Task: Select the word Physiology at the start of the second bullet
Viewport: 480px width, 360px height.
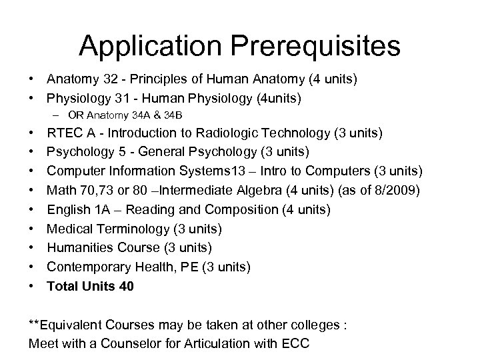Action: (x=75, y=98)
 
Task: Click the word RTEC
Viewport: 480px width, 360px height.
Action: (x=65, y=133)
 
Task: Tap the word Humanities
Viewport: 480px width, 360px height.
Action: (x=79, y=248)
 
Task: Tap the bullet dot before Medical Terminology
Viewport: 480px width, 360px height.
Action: (x=33, y=229)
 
